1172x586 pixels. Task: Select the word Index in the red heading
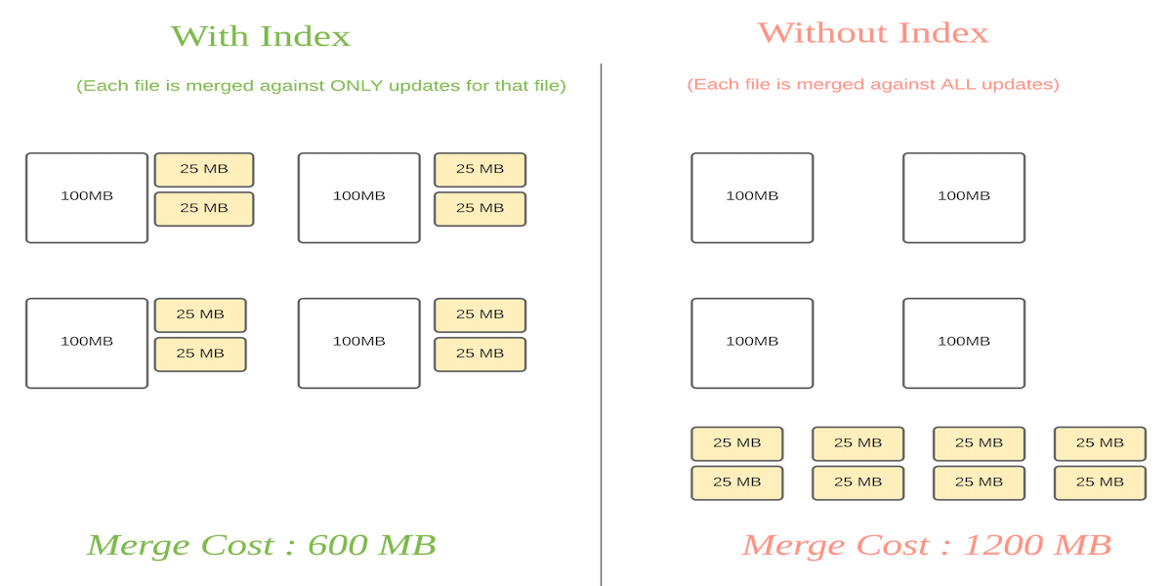tap(944, 33)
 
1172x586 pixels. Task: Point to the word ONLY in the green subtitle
tap(356, 86)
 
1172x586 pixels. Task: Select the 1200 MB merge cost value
tap(1037, 545)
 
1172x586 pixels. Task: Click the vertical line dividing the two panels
tap(601, 322)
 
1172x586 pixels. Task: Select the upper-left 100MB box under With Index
tap(87, 197)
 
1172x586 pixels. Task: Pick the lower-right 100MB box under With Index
tap(359, 343)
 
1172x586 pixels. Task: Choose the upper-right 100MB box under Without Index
tap(964, 197)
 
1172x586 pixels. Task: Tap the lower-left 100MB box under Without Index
tap(752, 343)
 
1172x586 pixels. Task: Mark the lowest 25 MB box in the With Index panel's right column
tap(480, 355)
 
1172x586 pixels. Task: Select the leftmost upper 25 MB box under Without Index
tap(736, 443)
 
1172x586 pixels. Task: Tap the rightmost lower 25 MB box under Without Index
tap(1100, 482)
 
